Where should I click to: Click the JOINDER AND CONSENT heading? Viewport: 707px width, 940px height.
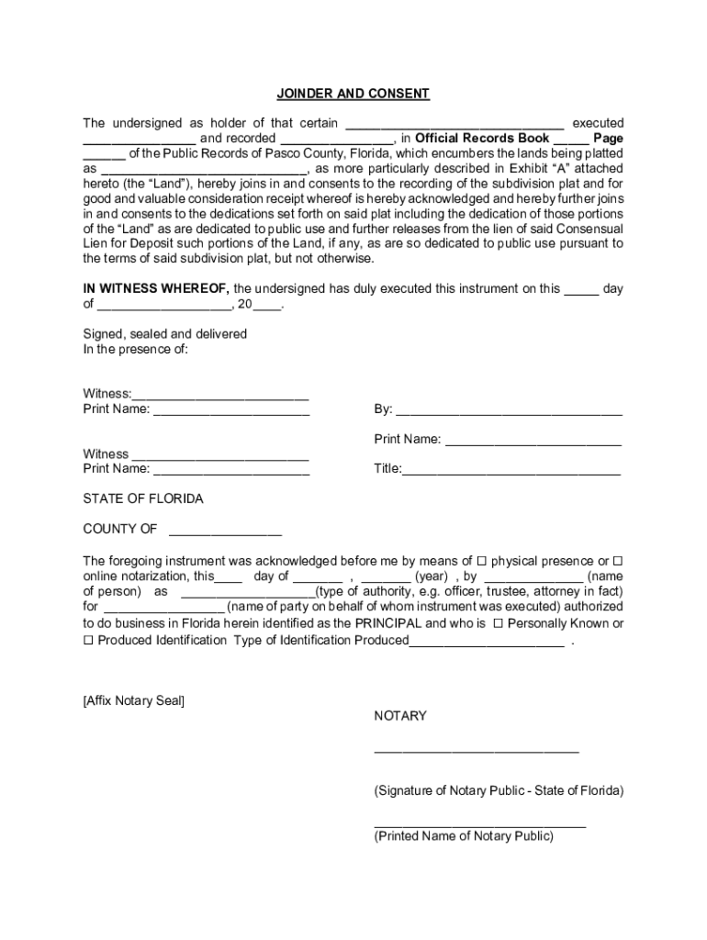(353, 94)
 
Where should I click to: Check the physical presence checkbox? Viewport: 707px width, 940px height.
(481, 561)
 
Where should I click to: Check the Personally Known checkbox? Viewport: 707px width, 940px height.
(498, 623)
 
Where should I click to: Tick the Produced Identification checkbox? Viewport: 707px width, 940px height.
(88, 640)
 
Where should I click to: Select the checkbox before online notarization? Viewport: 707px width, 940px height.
(618, 561)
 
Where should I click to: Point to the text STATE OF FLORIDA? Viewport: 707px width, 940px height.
(143, 499)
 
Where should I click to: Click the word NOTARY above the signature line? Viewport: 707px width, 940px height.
(400, 716)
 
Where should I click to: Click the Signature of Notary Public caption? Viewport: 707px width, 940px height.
(499, 790)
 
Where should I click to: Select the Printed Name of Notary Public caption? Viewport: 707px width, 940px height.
(464, 835)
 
